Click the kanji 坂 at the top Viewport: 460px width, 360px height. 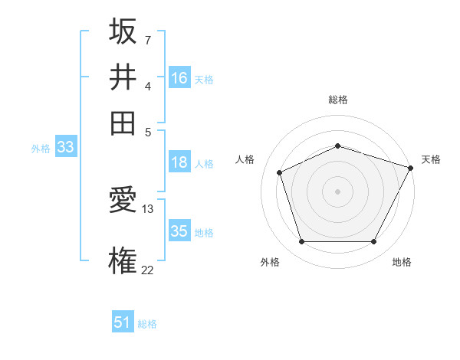tap(123, 32)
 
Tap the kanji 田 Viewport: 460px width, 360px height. tap(123, 122)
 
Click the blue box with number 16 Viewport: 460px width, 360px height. tap(179, 78)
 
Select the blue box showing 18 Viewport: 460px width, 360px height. tap(179, 162)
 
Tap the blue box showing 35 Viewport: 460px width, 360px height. tap(179, 231)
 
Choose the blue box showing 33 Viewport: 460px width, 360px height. tap(65, 148)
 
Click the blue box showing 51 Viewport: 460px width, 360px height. tap(123, 322)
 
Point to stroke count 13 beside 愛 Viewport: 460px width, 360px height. tap(148, 208)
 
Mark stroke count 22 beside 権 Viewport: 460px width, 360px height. tap(148, 269)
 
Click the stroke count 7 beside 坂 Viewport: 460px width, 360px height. tap(147, 39)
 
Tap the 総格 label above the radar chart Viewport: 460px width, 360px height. tap(337, 100)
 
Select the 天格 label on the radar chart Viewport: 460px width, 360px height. tap(431, 159)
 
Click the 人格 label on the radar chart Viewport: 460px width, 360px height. tap(245, 159)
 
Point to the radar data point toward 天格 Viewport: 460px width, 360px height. tap(412, 168)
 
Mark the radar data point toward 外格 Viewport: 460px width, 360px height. tap(301, 242)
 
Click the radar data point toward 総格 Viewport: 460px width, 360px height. tap(337, 146)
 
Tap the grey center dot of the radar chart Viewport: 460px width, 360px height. tap(337, 191)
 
